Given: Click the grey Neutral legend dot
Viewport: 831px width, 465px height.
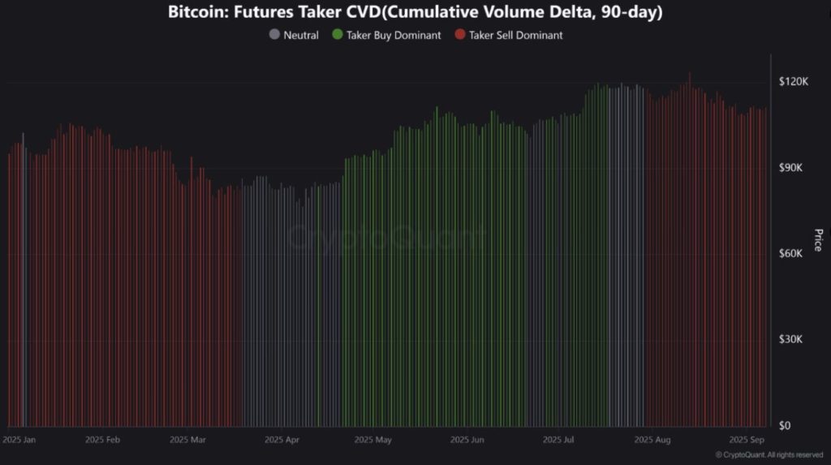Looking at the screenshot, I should point(274,35).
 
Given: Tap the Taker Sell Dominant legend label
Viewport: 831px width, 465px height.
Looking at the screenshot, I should point(515,35).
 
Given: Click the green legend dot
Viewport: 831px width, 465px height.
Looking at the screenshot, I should point(337,35).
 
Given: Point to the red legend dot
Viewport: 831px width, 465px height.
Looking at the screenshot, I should point(459,35).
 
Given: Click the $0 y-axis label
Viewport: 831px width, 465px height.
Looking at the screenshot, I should point(786,425).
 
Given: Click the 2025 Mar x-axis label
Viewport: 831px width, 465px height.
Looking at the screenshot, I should point(188,440).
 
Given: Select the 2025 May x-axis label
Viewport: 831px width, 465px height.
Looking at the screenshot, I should point(373,440).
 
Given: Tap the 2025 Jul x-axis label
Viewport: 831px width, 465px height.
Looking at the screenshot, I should point(558,440).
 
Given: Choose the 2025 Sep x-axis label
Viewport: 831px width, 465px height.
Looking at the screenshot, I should point(747,440).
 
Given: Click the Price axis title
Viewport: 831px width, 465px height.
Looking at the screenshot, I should point(817,240).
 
